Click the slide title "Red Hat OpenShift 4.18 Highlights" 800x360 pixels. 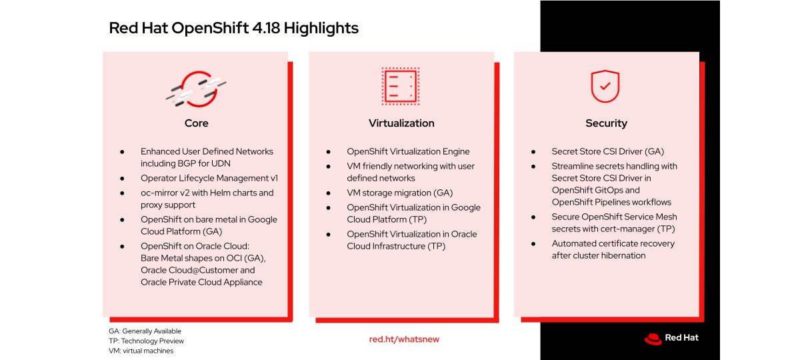(233, 28)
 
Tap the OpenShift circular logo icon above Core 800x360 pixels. (196, 89)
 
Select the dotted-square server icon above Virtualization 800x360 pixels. (401, 86)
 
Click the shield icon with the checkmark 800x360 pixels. (605, 86)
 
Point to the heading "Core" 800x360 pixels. (197, 123)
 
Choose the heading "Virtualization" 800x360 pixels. (401, 123)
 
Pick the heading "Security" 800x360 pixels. (606, 123)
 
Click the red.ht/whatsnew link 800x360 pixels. (404, 339)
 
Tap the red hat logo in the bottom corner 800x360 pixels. (653, 339)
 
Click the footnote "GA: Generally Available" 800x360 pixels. (145, 331)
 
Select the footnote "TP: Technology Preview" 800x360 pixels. (147, 341)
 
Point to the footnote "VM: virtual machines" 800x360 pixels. (141, 351)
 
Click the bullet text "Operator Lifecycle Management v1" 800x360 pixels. (209, 178)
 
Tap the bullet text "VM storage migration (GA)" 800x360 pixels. (399, 193)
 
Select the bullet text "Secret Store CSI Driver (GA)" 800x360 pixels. (607, 151)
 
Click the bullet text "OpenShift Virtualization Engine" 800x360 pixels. (408, 151)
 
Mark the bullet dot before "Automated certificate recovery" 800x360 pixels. (533, 244)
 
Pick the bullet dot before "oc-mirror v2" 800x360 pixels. (122, 193)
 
